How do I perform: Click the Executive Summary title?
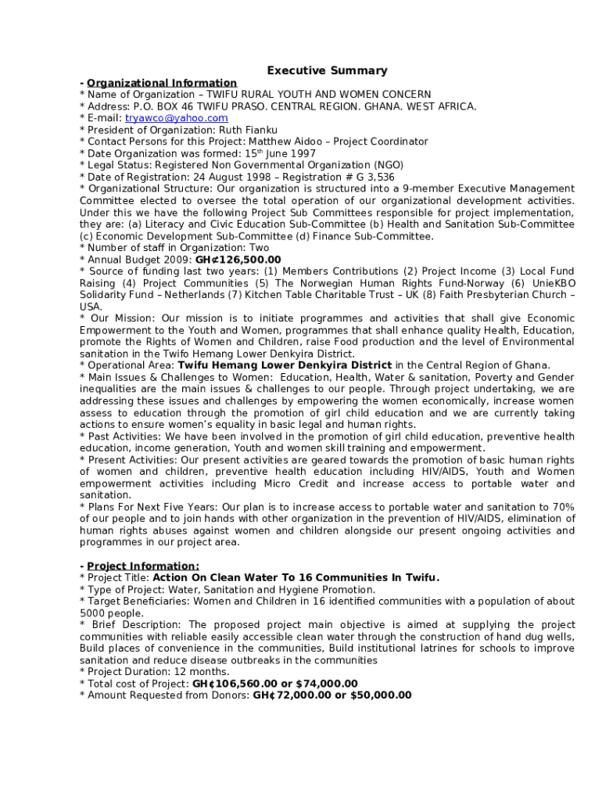coord(327,70)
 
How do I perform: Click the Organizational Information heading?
coord(162,83)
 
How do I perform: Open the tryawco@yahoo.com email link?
coord(177,118)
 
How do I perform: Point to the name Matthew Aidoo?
coord(284,142)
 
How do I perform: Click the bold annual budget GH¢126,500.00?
coord(238,260)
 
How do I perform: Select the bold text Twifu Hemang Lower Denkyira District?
coord(285,365)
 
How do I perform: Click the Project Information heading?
coord(143,566)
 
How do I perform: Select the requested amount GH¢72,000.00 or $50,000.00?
coord(332,695)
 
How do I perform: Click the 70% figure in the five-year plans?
coord(562,507)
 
